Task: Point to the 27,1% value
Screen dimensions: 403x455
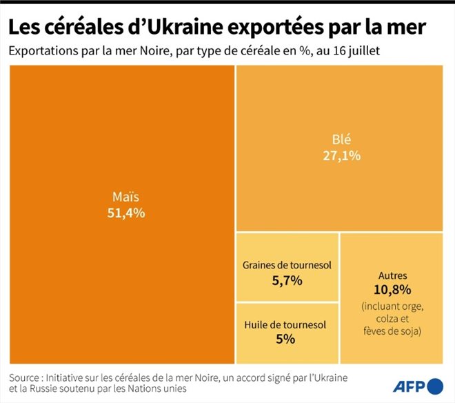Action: (341, 155)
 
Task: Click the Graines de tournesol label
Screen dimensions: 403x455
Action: (287, 265)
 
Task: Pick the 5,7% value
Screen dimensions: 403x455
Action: (287, 281)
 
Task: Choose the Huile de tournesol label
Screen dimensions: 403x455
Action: (285, 324)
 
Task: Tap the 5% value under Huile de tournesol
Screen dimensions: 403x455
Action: (285, 340)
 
